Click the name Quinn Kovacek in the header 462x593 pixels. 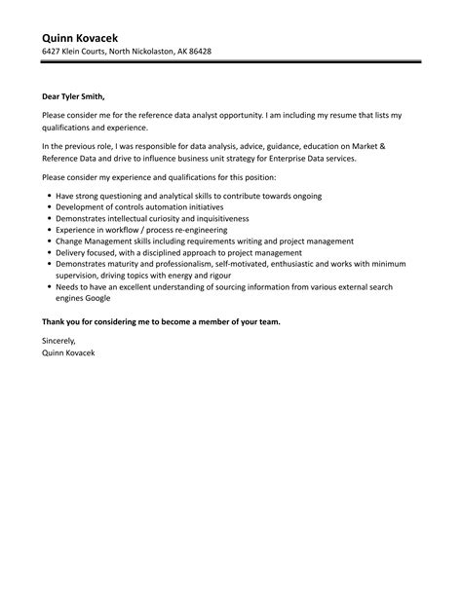[x=86, y=34]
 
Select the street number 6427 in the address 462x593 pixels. [x=52, y=51]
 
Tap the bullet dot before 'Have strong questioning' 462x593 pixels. [x=49, y=196]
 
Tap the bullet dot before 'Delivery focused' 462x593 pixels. [x=49, y=250]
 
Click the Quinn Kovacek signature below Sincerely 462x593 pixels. [x=68, y=352]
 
